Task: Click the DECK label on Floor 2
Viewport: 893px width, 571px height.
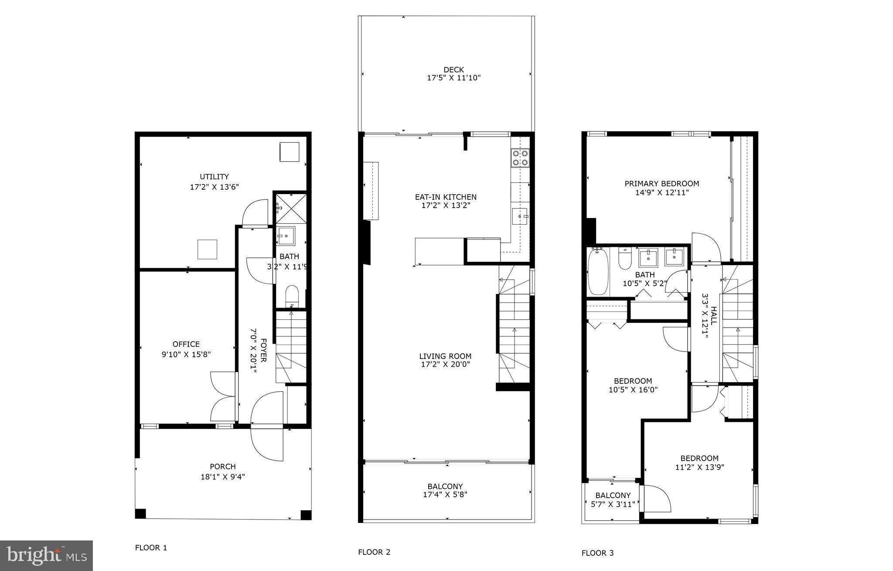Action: [x=453, y=70]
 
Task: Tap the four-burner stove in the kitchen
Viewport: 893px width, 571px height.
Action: [x=520, y=158]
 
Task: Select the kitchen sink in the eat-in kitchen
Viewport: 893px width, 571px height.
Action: [x=520, y=216]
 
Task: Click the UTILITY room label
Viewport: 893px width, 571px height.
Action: [x=214, y=177]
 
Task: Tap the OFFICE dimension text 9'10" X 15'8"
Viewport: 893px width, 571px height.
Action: [x=186, y=355]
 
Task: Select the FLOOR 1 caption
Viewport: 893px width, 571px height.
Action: [x=151, y=548]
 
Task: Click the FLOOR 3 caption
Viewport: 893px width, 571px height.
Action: [x=597, y=553]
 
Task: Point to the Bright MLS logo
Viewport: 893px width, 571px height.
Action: [x=46, y=555]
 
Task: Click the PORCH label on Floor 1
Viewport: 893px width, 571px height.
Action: [x=222, y=467]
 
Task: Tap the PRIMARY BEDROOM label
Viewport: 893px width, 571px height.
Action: [x=661, y=184]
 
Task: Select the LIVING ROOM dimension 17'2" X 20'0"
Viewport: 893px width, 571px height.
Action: [x=445, y=365]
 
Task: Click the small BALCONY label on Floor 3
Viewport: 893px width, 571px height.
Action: [x=613, y=496]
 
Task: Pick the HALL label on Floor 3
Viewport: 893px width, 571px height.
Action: [x=714, y=315]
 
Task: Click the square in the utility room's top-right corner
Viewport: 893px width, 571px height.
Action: [x=289, y=152]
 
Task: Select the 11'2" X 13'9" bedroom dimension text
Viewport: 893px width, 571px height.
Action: [x=699, y=467]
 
